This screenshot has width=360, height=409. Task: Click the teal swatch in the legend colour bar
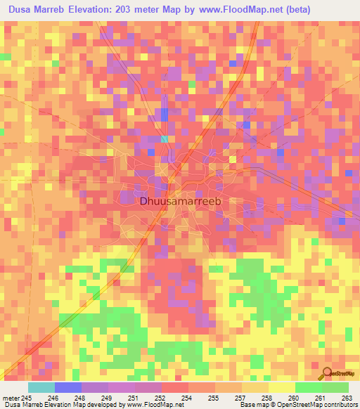[41, 387]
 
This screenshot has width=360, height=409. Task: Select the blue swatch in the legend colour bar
[67, 387]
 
